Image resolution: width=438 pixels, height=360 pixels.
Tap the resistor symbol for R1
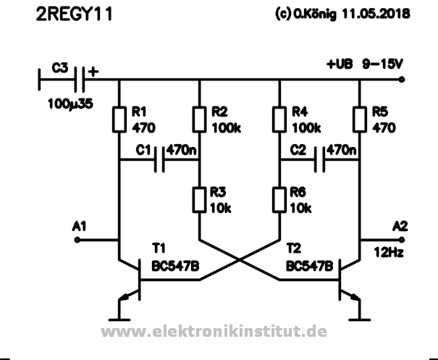[119, 120]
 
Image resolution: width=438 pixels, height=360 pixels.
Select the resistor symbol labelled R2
[199, 120]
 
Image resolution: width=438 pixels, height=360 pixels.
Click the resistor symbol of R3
[199, 199]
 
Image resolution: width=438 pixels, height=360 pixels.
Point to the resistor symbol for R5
[360, 120]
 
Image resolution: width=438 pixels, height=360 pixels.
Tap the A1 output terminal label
[81, 227]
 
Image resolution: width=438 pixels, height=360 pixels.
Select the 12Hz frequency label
[387, 253]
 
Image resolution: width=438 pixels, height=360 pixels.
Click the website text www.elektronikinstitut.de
[214, 332]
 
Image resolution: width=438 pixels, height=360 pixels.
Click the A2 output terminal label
[400, 227]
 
